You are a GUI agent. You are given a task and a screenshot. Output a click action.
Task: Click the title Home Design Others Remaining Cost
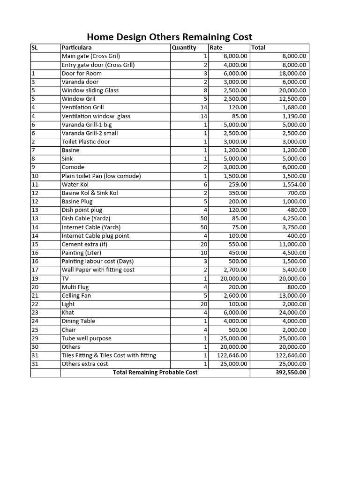[x=170, y=37]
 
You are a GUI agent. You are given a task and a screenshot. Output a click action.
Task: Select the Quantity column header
[x=184, y=47]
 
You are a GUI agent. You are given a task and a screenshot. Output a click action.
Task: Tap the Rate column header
[x=216, y=47]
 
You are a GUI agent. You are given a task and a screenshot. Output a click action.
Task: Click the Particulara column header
[x=76, y=47]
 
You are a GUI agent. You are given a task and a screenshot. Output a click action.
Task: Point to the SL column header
[x=34, y=47]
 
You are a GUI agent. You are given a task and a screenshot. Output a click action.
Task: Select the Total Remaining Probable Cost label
[x=155, y=373]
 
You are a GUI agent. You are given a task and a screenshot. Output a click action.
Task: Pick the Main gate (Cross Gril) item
[x=91, y=56]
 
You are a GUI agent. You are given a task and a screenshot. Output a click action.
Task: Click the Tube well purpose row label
[x=87, y=338]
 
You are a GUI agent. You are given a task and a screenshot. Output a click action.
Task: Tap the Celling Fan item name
[x=76, y=296]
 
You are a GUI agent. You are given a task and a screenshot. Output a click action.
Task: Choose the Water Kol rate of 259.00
[x=238, y=185]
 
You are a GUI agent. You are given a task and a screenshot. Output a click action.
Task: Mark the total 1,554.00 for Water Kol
[x=293, y=185]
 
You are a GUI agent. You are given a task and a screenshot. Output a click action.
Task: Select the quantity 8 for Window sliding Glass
[x=205, y=90]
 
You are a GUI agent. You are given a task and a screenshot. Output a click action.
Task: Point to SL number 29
[x=35, y=338]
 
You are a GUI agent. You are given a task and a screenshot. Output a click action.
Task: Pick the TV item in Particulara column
[x=65, y=278]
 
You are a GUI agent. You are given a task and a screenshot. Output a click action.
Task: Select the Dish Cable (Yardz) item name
[x=86, y=218]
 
